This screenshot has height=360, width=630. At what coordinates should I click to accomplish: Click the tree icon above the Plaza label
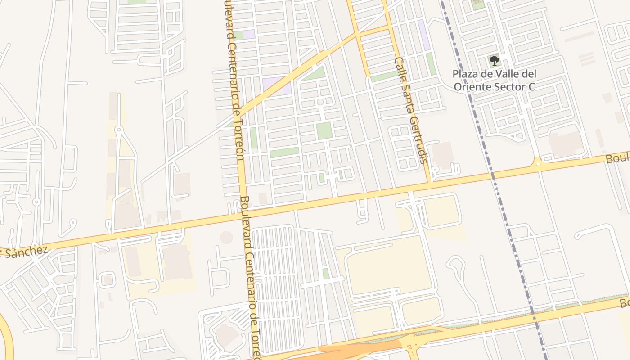coord(494,60)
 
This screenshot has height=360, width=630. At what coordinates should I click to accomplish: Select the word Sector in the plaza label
coord(508,87)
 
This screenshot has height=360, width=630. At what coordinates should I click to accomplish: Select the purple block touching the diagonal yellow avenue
coord(275,85)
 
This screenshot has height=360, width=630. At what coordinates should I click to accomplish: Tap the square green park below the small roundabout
coord(324,130)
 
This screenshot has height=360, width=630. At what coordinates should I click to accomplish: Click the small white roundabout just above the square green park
coord(320,102)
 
